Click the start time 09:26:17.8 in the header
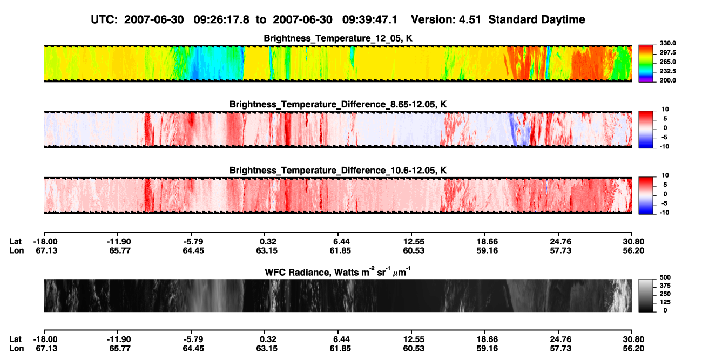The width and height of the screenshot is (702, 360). click(221, 20)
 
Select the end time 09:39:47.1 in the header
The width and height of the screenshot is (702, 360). click(370, 20)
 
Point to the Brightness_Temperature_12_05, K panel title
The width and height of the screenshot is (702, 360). click(338, 38)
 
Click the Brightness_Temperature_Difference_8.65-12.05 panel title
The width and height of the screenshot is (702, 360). click(338, 104)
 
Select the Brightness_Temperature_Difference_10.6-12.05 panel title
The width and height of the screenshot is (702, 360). click(338, 171)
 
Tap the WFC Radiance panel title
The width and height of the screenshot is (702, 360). click(338, 272)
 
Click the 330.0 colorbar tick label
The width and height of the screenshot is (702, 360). click(667, 43)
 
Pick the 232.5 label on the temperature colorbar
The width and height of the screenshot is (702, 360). click(667, 71)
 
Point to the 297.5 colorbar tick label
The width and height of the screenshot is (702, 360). click(667, 52)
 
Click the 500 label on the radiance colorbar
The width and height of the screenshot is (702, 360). click(665, 277)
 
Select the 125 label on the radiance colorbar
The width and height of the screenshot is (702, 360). click(665, 302)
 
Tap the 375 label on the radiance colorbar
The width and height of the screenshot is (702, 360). click(665, 286)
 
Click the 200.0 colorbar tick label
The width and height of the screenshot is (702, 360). click(667, 80)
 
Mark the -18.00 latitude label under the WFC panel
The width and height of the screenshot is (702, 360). click(45, 339)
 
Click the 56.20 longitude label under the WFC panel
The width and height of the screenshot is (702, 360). click(633, 349)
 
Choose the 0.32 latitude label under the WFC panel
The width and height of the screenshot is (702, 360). click(268, 339)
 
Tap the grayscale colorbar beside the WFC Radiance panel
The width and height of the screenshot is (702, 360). click(646, 295)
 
